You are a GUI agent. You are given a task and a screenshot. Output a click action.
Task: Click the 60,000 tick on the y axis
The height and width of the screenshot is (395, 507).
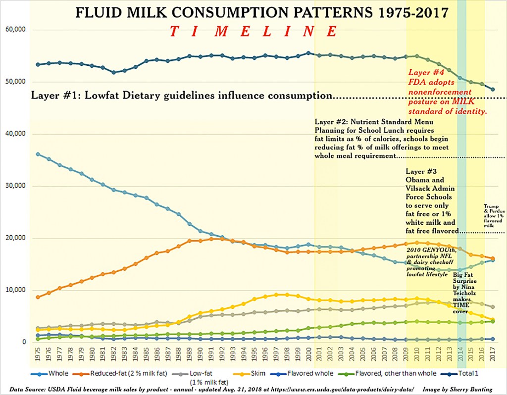(15, 30)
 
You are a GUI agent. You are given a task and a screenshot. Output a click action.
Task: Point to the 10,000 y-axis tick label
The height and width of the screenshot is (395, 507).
(15, 290)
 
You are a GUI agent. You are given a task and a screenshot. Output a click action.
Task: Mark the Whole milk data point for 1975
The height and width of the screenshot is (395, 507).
(38, 154)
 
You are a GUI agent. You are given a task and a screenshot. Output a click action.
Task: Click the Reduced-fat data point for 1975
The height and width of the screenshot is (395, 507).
(38, 297)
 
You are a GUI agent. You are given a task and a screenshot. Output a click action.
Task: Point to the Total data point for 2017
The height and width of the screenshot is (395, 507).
(493, 89)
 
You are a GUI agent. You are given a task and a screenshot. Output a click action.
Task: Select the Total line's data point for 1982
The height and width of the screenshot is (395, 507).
(114, 72)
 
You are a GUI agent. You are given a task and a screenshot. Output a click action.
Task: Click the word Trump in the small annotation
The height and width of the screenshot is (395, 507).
(492, 206)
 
